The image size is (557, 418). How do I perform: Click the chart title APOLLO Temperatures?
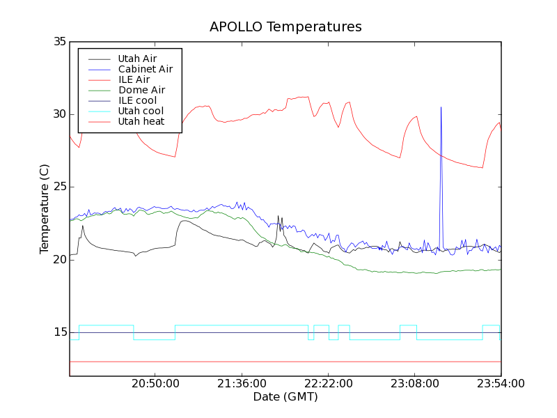point(285,27)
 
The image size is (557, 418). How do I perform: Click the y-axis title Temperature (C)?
point(45,209)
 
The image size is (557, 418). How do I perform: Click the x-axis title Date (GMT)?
point(285,396)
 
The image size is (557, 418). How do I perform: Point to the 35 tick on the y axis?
point(58,42)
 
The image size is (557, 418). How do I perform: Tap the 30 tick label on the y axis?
point(58,114)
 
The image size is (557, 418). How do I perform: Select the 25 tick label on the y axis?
point(58,187)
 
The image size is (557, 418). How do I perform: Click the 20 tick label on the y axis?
point(58,260)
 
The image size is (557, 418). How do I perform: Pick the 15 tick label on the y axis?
point(58,332)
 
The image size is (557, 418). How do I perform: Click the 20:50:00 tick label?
point(155,384)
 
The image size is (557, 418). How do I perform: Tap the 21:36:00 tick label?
point(242,384)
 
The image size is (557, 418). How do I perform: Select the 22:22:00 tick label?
point(328,384)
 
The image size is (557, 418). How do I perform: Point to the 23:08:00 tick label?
point(414,384)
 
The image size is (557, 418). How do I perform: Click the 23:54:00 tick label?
point(501,384)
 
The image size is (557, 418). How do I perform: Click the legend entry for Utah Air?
point(137,59)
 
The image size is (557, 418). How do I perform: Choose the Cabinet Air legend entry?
point(145,69)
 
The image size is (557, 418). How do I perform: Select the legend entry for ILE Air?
point(134,79)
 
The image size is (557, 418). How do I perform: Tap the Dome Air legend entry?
point(141,90)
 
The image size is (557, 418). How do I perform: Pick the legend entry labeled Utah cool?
point(141,111)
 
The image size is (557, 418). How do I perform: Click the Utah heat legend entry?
point(141,121)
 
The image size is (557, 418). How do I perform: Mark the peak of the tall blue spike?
point(441,107)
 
